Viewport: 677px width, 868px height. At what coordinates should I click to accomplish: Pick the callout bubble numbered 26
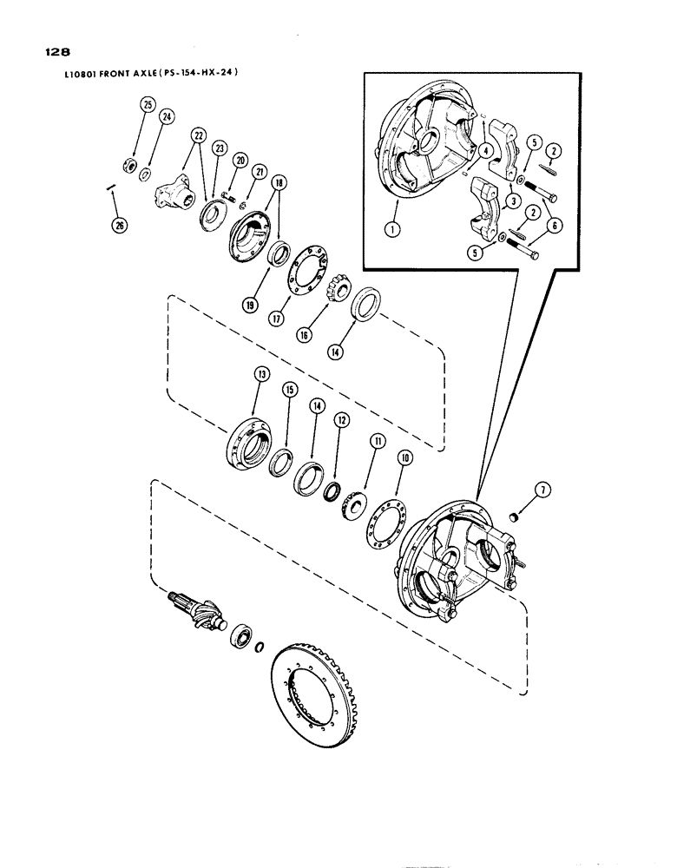point(118,226)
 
